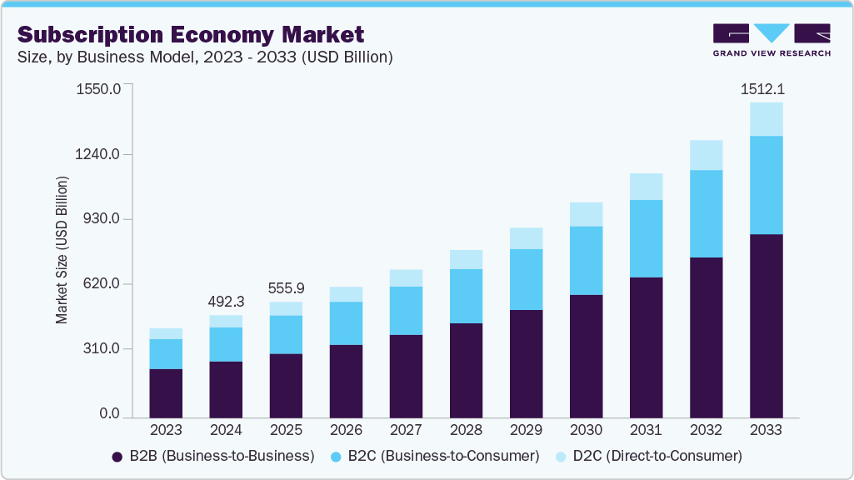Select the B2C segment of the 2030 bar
[586, 260]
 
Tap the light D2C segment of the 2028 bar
[466, 259]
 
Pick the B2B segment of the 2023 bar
[166, 392]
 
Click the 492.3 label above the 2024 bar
[226, 302]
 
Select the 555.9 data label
[286, 288]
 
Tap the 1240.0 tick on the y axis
[98, 154]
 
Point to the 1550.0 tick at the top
[98, 88]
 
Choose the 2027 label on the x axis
[406, 431]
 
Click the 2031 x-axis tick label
[646, 431]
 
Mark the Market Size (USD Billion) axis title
[62, 250]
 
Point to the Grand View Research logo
[772, 39]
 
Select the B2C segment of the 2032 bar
[706, 213]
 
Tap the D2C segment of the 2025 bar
[286, 308]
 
